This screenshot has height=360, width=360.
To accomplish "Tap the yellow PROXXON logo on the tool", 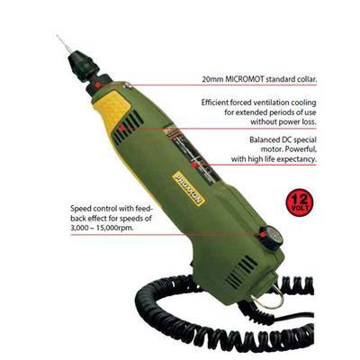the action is (x=189, y=187).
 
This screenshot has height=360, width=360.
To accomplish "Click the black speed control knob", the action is (x=270, y=237).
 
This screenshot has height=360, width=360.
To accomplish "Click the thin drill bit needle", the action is (x=63, y=44).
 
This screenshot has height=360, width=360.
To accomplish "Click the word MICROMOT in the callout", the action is (x=243, y=80).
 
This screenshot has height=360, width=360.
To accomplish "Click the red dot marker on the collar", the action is (x=97, y=85).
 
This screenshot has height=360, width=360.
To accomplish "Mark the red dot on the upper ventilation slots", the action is (x=121, y=129).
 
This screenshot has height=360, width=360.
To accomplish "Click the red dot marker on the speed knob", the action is (x=263, y=235).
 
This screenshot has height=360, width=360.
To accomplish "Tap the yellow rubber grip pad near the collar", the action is (x=112, y=104).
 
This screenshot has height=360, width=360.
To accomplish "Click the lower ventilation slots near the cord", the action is (x=241, y=270).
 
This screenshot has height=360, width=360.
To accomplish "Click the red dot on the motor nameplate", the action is (x=194, y=165).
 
